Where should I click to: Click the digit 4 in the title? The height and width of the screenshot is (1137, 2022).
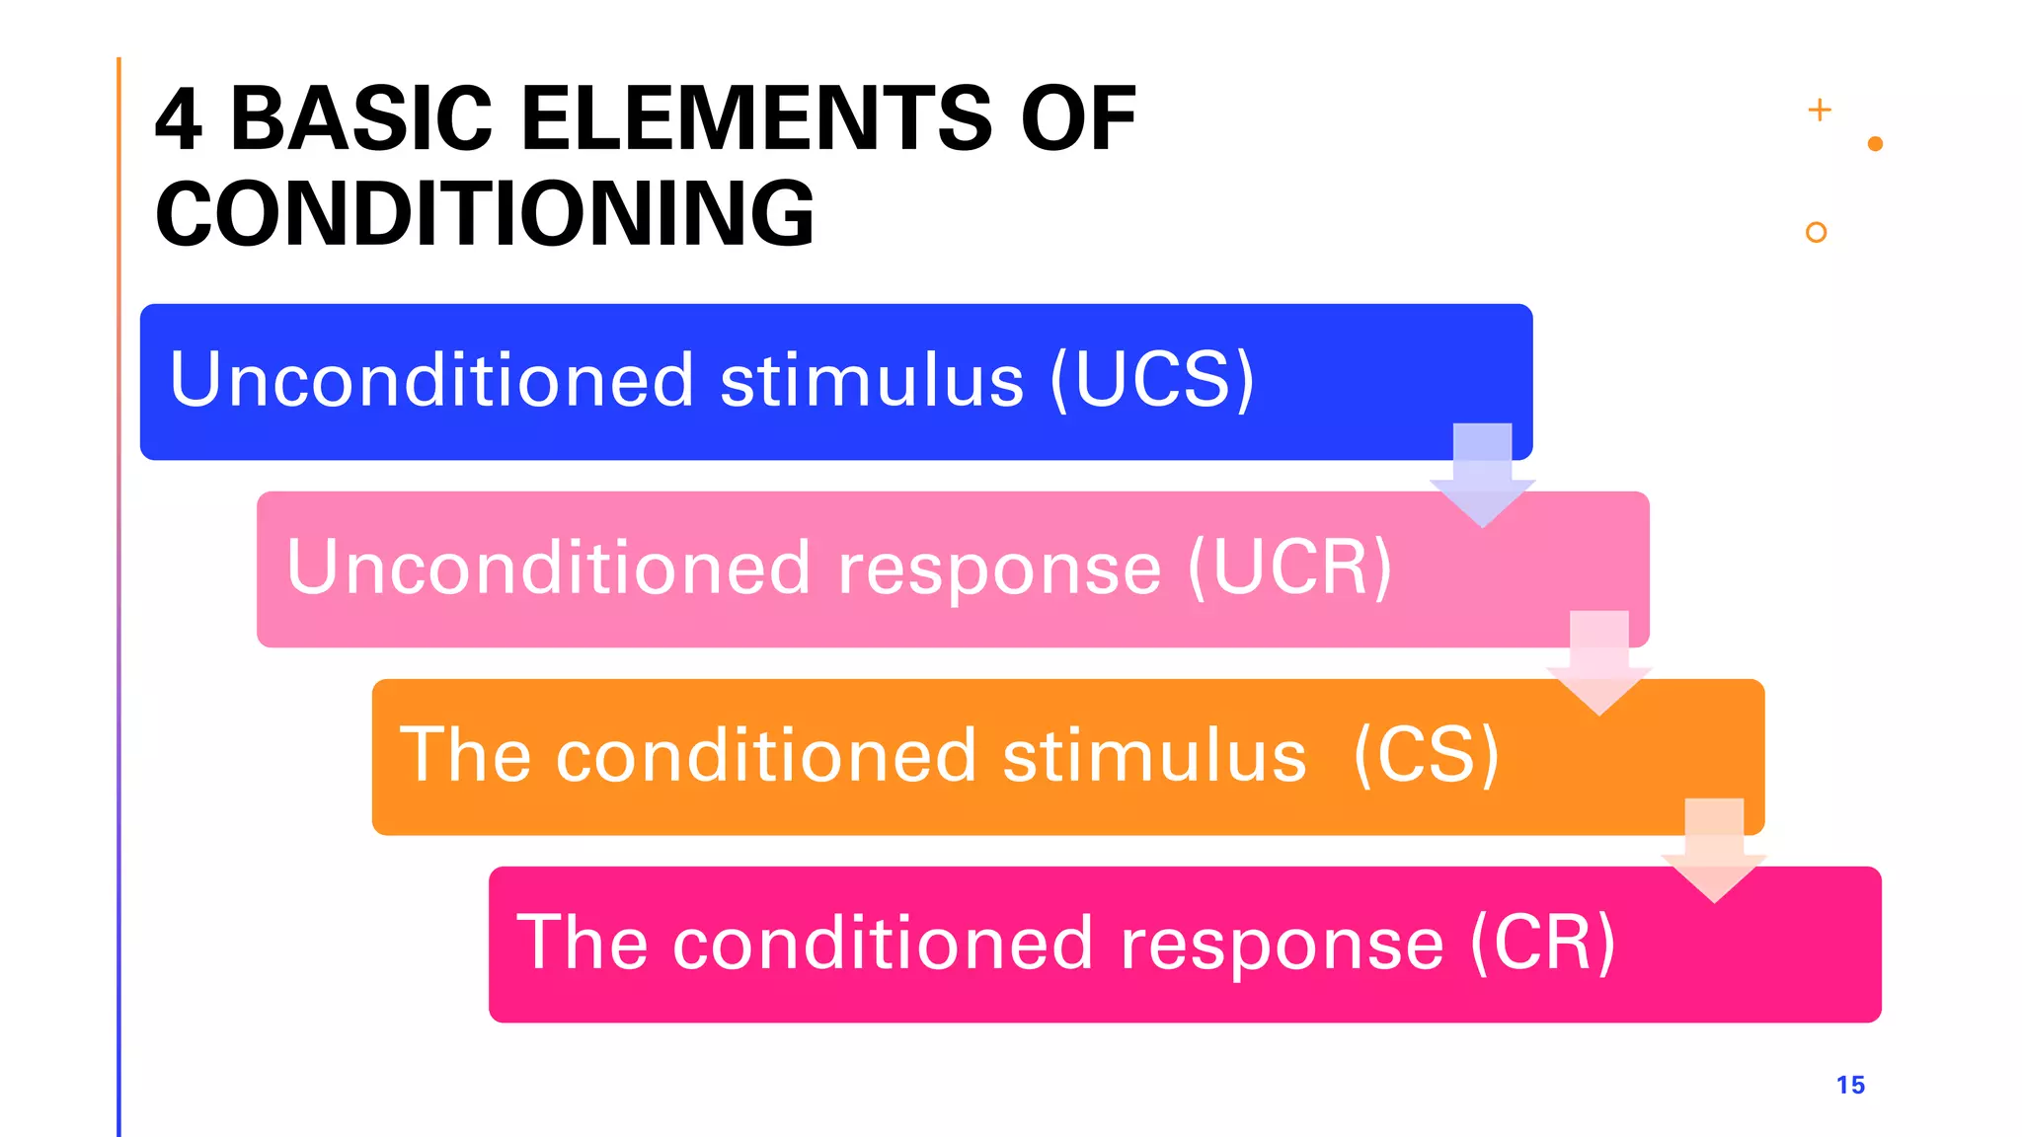[180, 119]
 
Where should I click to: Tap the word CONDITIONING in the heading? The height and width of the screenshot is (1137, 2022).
[485, 214]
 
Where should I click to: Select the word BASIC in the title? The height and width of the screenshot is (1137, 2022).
[361, 119]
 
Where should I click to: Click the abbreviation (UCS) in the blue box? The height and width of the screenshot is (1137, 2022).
[1152, 380]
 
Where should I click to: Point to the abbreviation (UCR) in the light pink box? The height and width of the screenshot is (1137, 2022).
[1289, 568]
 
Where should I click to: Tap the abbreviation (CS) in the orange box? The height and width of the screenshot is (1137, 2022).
[1427, 755]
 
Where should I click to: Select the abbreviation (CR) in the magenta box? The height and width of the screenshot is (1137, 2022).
[1542, 943]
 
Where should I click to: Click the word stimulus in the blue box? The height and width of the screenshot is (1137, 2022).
[873, 381]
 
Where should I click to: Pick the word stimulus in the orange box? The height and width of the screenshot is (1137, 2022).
[1154, 756]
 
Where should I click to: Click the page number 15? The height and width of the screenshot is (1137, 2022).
[1850, 1085]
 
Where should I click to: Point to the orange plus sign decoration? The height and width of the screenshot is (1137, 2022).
[1820, 110]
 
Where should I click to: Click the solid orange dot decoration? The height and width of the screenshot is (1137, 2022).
[1876, 144]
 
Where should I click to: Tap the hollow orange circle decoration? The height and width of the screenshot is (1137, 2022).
[1816, 232]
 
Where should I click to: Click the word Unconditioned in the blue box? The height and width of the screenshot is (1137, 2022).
[431, 380]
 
